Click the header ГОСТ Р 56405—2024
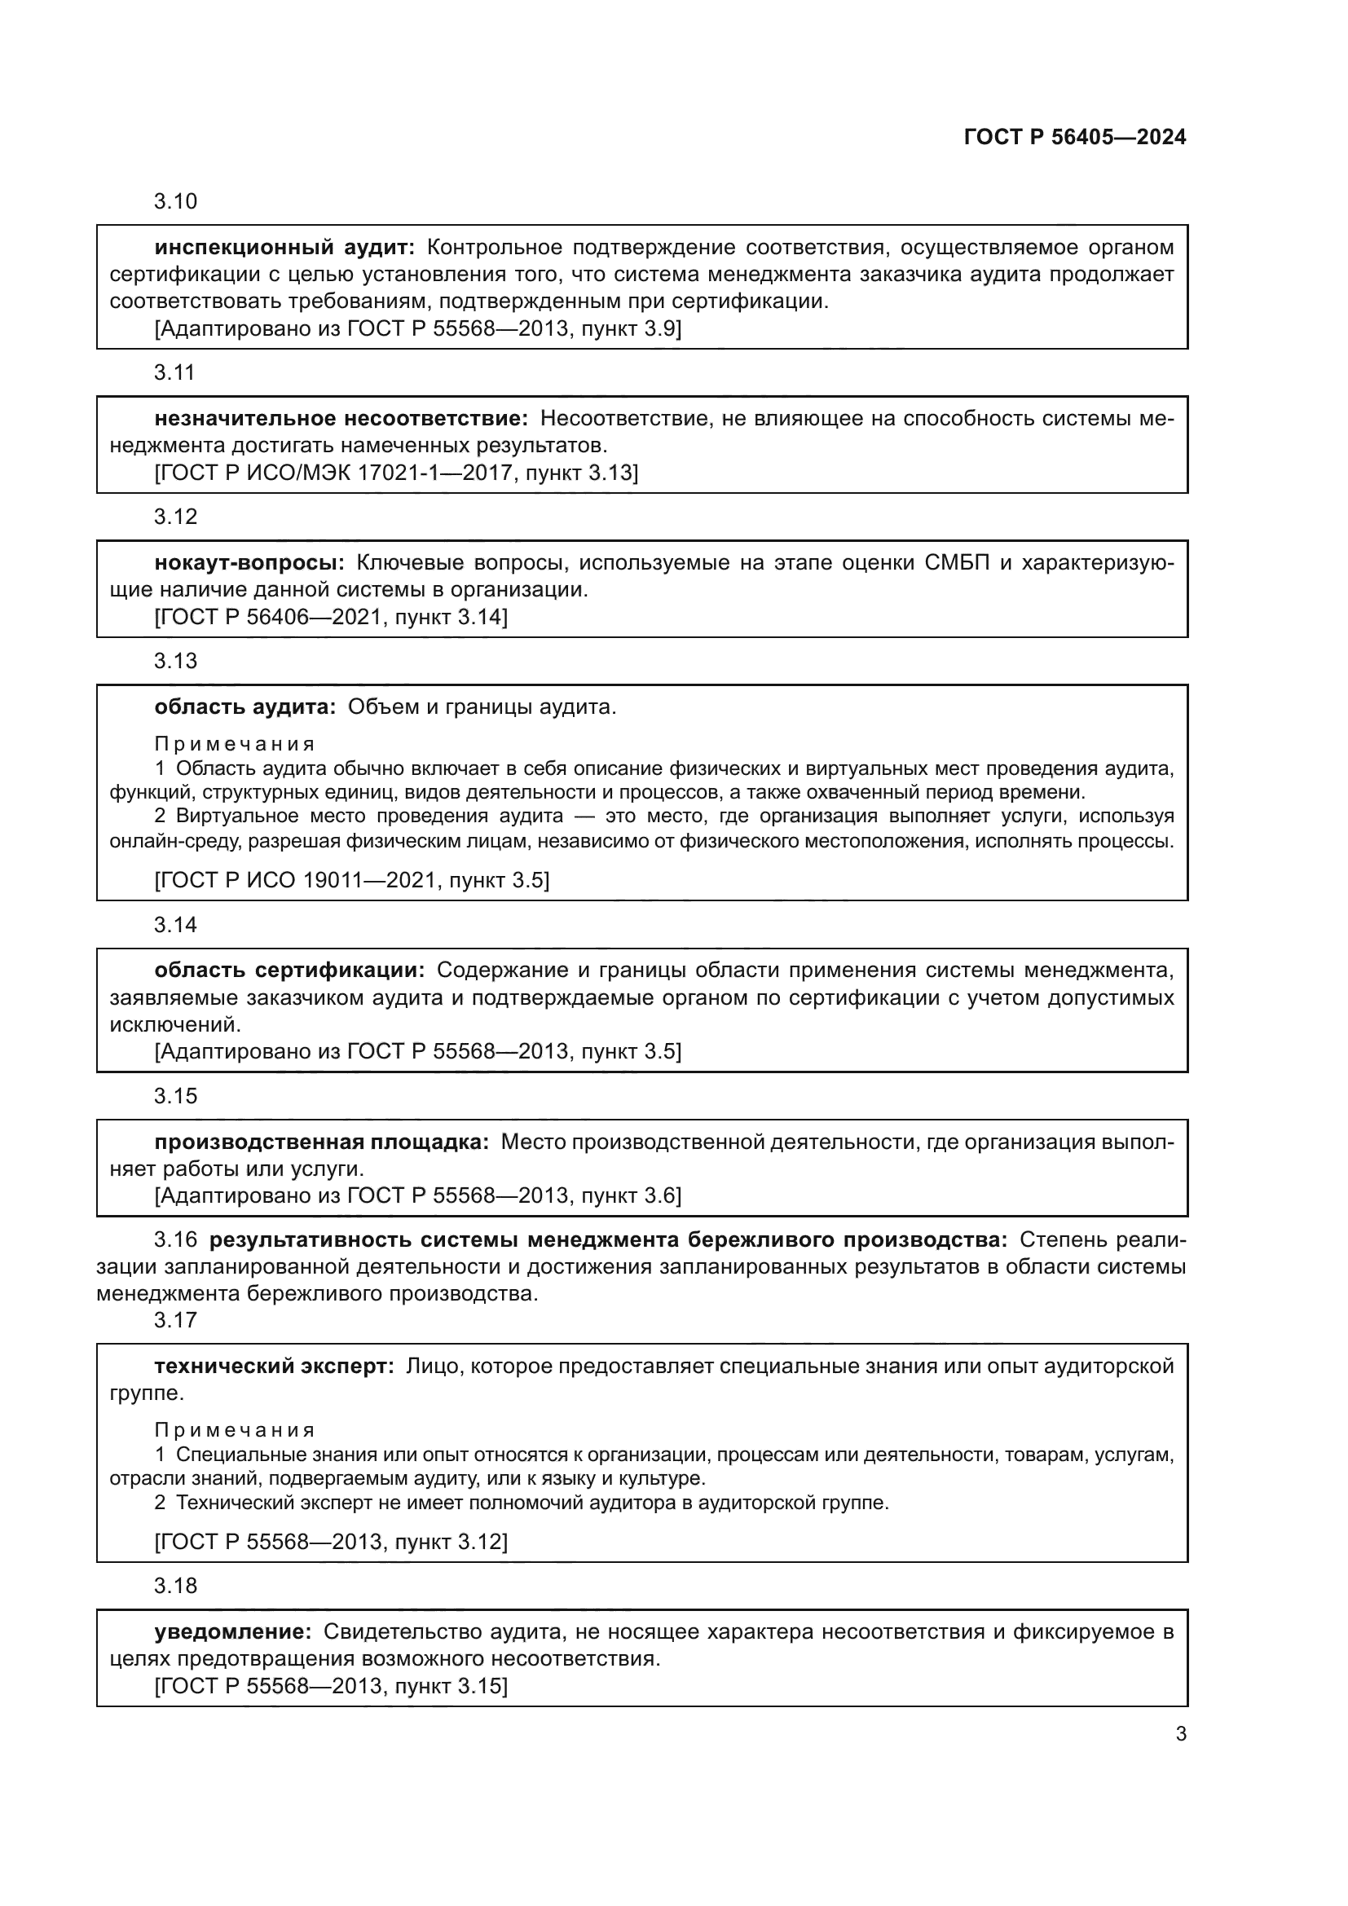pos(1075,138)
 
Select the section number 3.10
pos(175,202)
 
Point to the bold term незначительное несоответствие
pos(341,418)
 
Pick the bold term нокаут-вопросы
pos(249,563)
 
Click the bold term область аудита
pos(244,707)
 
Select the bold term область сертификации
pos(289,971)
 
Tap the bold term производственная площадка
pos(322,1142)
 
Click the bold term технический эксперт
pos(274,1367)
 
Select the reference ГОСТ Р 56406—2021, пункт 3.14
pos(331,618)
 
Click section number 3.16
pos(175,1240)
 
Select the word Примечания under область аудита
pos(235,744)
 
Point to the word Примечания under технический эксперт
pos(235,1430)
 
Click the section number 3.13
pos(175,661)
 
